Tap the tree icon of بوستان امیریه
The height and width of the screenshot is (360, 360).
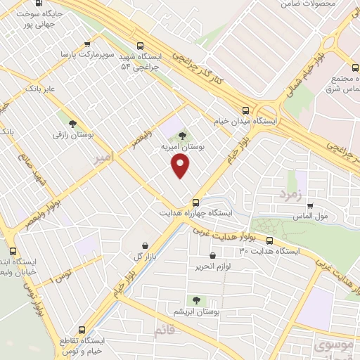183,135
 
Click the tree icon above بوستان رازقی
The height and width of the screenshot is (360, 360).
73,123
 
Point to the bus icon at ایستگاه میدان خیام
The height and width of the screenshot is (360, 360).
245,110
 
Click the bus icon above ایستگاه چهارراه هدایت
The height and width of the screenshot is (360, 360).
196,202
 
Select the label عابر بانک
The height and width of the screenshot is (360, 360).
39,89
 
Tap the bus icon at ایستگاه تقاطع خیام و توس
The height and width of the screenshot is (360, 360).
83,329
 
